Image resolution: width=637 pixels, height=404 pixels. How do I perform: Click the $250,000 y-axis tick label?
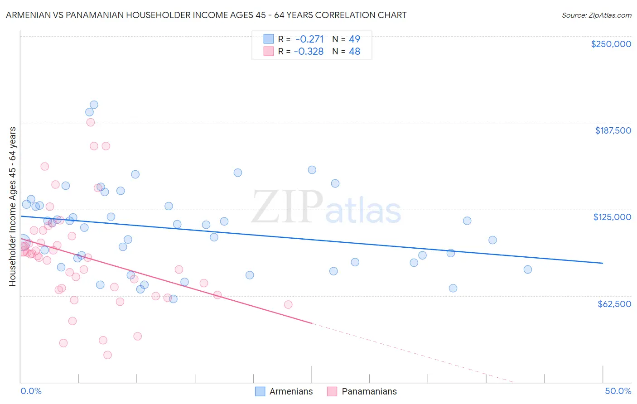[611, 44]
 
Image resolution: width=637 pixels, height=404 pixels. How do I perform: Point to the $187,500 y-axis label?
[613, 130]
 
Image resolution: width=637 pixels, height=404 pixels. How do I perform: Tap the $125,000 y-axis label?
[612, 217]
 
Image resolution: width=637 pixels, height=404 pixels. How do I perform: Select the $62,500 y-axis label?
[614, 304]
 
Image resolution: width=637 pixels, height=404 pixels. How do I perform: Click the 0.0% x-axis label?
[31, 391]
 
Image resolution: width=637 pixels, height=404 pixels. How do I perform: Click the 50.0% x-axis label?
[618, 391]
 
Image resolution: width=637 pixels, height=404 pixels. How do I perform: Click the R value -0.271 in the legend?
[309, 39]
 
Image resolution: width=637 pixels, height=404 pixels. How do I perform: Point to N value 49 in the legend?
[354, 39]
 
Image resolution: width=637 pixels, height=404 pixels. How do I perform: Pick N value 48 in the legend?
[354, 52]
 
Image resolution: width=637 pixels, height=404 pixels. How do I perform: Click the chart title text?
[206, 15]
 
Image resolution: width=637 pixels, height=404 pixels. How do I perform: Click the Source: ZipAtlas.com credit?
[596, 15]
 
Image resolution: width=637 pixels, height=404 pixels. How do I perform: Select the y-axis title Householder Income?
[13, 206]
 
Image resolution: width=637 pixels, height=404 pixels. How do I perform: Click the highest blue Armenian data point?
[94, 105]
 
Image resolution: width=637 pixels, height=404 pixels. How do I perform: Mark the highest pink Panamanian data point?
[91, 122]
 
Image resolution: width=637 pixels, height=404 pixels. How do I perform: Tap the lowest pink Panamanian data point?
[107, 355]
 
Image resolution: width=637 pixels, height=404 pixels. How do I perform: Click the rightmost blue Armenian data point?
[527, 269]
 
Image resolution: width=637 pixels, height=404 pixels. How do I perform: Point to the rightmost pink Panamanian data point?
[288, 304]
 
